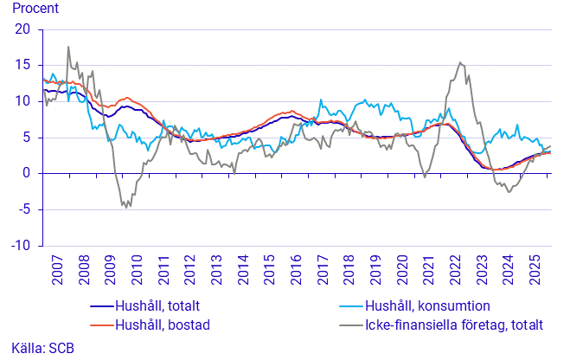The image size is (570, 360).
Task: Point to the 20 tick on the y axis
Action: [x=22, y=29]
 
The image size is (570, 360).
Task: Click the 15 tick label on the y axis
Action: [x=22, y=65]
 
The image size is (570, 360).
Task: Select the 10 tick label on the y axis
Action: [x=22, y=101]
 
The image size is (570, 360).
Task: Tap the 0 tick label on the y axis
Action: [x=26, y=173]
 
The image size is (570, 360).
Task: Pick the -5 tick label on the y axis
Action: [x=23, y=209]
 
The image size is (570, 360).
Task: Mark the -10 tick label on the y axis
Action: [x=21, y=246]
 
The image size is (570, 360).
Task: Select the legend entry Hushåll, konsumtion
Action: [x=428, y=306]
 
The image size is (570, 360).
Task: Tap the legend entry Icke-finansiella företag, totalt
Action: [x=454, y=325]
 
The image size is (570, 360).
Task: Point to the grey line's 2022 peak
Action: [x=460, y=62]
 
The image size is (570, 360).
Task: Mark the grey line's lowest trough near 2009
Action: [x=129, y=208]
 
